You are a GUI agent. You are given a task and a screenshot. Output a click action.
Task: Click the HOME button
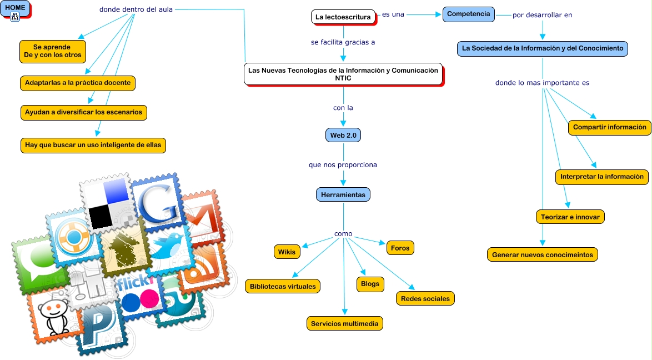15,8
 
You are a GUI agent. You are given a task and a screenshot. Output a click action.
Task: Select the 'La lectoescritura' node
343,17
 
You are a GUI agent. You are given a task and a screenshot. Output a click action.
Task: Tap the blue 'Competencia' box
469,14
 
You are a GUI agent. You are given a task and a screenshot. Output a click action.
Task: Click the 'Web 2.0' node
343,135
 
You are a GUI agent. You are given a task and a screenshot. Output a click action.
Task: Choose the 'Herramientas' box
343,195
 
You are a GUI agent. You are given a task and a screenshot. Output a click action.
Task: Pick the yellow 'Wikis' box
287,252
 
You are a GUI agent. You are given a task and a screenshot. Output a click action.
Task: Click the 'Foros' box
400,248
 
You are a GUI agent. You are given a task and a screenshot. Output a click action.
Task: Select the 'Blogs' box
370,284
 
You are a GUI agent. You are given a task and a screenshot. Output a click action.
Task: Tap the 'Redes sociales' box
425,298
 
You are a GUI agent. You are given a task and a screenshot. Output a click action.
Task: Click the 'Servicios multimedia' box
345,323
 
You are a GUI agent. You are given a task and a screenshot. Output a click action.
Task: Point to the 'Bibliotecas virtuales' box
283,286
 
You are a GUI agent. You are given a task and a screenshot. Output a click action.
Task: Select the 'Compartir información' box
610,127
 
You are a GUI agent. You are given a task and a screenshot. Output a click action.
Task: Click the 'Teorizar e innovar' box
570,217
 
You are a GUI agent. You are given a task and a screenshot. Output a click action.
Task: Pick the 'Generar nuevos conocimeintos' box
543,254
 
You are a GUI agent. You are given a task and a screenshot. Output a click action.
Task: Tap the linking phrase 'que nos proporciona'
343,165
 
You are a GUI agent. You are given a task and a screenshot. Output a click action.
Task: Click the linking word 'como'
343,234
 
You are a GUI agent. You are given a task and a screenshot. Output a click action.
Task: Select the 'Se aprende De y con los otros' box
53,51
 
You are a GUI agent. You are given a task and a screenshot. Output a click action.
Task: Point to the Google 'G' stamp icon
158,203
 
